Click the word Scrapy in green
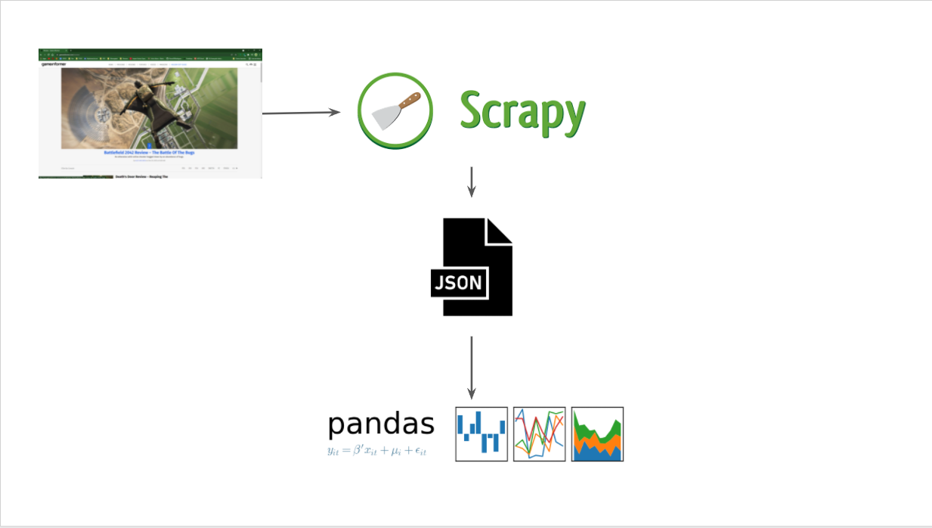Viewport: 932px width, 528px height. coord(522,113)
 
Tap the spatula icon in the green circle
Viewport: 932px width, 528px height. coord(395,112)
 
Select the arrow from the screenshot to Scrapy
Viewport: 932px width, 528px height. coord(301,113)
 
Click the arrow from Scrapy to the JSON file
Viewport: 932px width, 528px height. coord(472,181)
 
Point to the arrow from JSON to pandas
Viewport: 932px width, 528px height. coord(472,367)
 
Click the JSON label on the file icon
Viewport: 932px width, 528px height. coord(457,283)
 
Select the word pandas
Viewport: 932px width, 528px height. coord(381,424)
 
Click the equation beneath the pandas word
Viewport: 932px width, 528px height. coord(377,451)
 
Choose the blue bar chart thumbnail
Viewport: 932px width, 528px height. coord(481,433)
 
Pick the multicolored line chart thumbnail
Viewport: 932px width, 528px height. coord(539,433)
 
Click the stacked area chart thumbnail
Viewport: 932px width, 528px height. coord(597,433)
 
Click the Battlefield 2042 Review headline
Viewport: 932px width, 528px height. coord(150,153)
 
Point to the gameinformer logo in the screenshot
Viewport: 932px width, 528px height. coord(54,64)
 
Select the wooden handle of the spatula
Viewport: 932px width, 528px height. coord(408,100)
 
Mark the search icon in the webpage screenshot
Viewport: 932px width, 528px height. coord(247,64)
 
